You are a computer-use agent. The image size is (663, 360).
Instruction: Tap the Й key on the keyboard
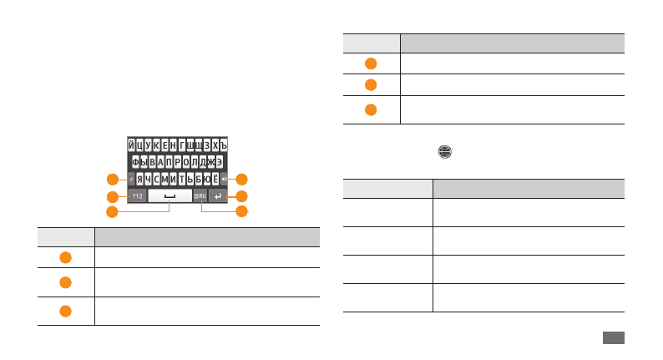coord(131,145)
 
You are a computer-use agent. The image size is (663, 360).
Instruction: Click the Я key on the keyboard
coord(140,179)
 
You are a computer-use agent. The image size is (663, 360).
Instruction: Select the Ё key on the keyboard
coord(215,179)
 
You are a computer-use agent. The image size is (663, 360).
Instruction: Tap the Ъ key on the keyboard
coord(224,145)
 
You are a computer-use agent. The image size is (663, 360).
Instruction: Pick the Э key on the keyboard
coord(219,161)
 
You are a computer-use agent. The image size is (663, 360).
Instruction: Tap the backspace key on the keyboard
coord(225,179)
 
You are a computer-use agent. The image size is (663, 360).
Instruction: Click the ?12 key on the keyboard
coord(138,196)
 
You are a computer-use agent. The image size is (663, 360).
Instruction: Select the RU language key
coord(200,196)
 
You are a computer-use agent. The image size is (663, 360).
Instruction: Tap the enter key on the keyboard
coord(219,196)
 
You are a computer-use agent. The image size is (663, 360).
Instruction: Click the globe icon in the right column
coord(446,153)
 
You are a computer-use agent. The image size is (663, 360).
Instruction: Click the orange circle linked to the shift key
coord(111,179)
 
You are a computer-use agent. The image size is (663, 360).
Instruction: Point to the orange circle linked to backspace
coord(242,179)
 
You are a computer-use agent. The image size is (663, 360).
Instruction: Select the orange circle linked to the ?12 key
coord(111,196)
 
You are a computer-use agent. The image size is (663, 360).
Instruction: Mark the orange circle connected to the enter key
coord(242,196)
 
